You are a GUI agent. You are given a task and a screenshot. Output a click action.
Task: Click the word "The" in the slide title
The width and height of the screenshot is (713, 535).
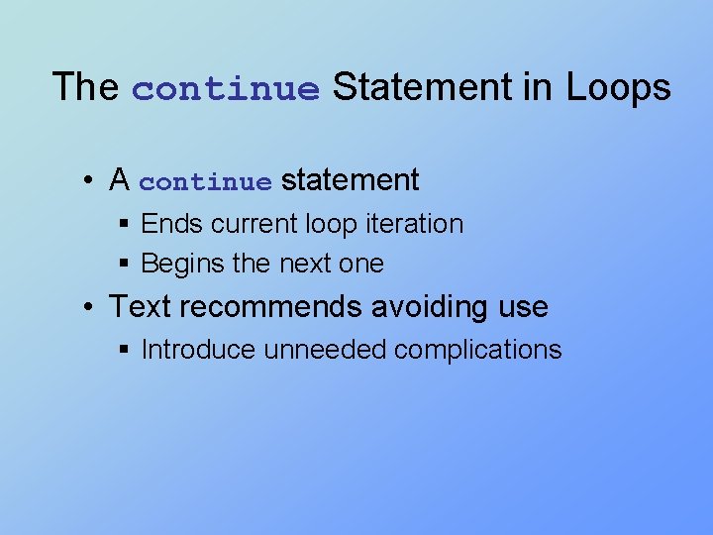coord(84,87)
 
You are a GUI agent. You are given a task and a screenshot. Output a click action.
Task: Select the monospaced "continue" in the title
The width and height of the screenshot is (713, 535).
coord(226,89)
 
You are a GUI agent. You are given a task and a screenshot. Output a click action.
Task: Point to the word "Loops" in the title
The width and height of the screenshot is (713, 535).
coord(618,87)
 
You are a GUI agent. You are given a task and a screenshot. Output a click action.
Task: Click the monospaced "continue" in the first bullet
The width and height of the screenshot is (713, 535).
coord(205,182)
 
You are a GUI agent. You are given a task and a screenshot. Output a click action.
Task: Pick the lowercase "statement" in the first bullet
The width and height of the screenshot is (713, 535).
coord(351,180)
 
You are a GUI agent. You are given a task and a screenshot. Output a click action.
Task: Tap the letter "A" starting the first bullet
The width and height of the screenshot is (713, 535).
coord(120,180)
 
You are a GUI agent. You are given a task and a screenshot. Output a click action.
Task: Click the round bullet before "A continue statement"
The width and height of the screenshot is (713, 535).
coord(89,180)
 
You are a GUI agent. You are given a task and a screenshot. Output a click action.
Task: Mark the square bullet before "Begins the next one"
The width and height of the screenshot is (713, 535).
coord(124,265)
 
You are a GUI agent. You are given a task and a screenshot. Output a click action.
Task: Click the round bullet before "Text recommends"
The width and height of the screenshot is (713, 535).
coord(89,307)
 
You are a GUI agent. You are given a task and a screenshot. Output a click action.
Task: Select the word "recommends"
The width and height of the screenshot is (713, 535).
coord(269,307)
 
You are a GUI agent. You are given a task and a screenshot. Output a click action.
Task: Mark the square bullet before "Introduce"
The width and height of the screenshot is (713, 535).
coord(124,350)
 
